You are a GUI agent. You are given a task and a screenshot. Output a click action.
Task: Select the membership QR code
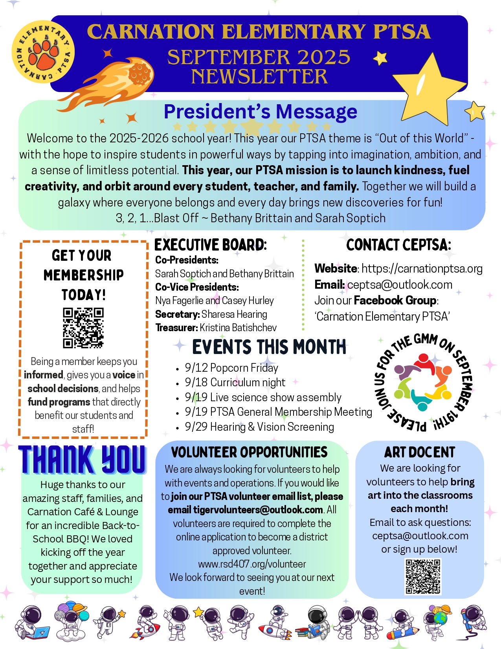coord(83,328)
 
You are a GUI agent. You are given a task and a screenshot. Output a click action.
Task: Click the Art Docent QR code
coord(423,577)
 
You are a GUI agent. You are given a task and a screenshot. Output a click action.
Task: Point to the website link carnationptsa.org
coord(422,269)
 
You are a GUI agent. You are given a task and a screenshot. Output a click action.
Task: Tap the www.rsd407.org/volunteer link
coord(252,564)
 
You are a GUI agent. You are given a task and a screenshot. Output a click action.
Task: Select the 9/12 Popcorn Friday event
coord(231,368)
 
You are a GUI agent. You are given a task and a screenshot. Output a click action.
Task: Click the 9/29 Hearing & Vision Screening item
coord(259,427)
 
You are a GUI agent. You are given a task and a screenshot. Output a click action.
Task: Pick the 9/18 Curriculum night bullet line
coord(235,382)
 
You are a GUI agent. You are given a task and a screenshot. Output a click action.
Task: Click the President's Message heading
coord(260,112)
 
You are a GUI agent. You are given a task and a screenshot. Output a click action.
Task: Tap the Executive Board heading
coord(210,245)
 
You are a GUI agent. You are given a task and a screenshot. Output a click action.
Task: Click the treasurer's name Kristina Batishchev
coord(238,328)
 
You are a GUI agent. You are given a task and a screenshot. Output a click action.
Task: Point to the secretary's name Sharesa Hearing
coord(234,314)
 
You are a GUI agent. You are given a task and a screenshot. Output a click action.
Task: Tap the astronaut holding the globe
coord(437,620)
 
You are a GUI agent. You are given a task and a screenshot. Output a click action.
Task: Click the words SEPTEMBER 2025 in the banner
coord(259,57)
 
